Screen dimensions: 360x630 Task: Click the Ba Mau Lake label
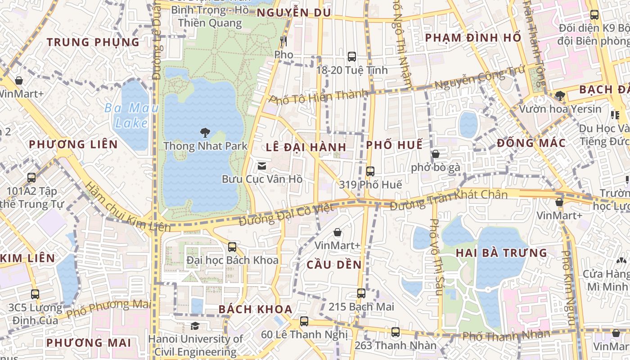[126, 116]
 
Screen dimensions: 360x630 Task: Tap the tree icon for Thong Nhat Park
[205, 133]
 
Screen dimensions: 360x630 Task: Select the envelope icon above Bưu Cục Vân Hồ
[261, 166]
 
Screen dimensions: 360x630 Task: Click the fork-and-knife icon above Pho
[283, 41]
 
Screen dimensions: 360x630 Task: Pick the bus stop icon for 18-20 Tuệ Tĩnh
[352, 57]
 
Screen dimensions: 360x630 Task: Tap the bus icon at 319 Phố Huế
[370, 171]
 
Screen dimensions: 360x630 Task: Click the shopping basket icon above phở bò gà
[436, 154]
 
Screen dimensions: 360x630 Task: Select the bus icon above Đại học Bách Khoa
[232, 247]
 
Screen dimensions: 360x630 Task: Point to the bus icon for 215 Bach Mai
[361, 293]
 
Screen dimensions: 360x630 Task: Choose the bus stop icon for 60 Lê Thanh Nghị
[304, 321]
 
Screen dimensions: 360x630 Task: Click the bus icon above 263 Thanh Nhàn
[396, 332]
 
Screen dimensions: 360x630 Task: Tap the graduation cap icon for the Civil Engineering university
[195, 326]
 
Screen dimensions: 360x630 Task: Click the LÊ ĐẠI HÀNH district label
[306, 147]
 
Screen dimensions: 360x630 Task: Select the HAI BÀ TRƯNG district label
[501, 253]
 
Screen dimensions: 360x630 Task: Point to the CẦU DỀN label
[334, 265]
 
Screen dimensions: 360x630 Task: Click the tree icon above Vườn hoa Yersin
[560, 95]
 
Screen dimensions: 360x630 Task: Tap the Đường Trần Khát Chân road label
[449, 200]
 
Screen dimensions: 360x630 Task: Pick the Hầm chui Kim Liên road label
[121, 208]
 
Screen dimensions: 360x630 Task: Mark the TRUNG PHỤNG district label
[93, 42]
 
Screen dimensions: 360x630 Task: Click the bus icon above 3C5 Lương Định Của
[35, 294]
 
